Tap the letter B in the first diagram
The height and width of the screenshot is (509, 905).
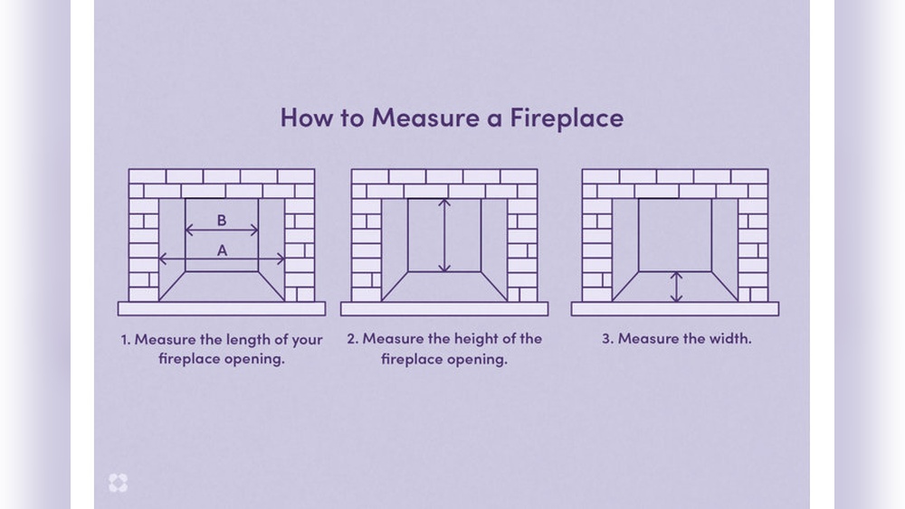click(x=222, y=220)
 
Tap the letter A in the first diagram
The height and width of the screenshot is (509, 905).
click(x=222, y=251)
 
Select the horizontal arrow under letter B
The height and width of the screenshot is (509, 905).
click(x=222, y=232)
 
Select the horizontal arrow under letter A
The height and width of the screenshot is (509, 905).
click(x=222, y=259)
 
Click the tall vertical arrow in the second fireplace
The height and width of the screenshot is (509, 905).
click(x=444, y=235)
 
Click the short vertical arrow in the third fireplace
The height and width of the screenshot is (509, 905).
click(x=675, y=287)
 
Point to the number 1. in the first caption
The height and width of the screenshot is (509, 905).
click(x=126, y=340)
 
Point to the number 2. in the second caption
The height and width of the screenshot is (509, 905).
click(x=352, y=339)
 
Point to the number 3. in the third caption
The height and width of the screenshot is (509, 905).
click(x=607, y=339)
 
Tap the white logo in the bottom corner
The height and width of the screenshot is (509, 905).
click(x=118, y=483)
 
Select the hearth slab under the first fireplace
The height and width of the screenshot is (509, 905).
click(x=222, y=308)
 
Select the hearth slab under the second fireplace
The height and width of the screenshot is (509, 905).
click(x=444, y=308)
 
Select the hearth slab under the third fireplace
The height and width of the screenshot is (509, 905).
click(x=675, y=308)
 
